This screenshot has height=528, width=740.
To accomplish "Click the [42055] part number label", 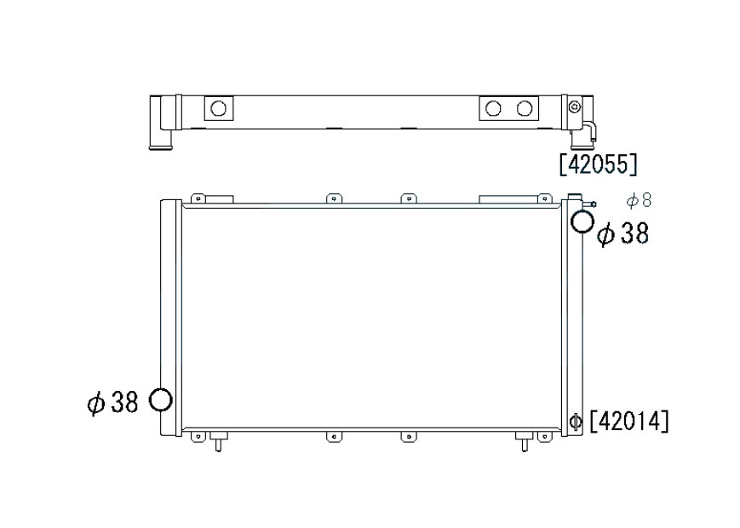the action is click(599, 164).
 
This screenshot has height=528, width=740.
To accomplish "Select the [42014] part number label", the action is click(629, 421).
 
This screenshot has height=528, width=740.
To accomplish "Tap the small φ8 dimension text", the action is click(639, 200).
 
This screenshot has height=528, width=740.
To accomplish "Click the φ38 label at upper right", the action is click(623, 233).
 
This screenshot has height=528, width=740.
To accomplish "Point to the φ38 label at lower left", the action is click(112, 403).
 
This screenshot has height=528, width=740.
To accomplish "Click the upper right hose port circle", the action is click(582, 221).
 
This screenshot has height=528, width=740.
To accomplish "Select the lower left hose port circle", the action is click(160, 400).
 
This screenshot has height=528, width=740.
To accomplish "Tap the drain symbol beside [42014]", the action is click(576, 421).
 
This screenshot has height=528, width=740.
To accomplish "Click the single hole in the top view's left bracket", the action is click(218, 108).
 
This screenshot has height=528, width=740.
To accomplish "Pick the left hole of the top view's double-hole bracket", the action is click(493, 108).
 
